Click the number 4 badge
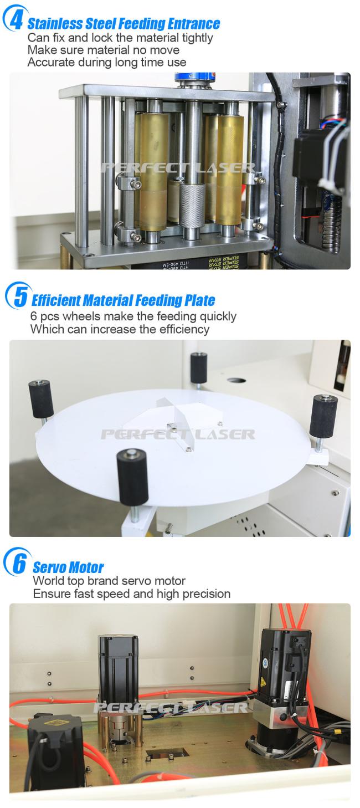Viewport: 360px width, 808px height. [x=14, y=18]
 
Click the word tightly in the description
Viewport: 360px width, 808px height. [x=198, y=38]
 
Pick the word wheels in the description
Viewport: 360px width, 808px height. [x=81, y=316]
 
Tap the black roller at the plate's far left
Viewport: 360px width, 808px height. [x=41, y=398]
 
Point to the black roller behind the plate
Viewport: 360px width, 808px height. [x=199, y=367]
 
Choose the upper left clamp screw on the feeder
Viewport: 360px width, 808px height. [x=136, y=185]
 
